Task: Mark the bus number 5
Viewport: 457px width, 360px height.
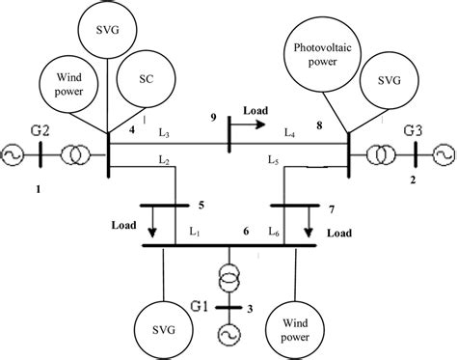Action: (x=200, y=205)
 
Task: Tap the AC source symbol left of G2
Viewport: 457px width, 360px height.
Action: (x=14, y=152)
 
